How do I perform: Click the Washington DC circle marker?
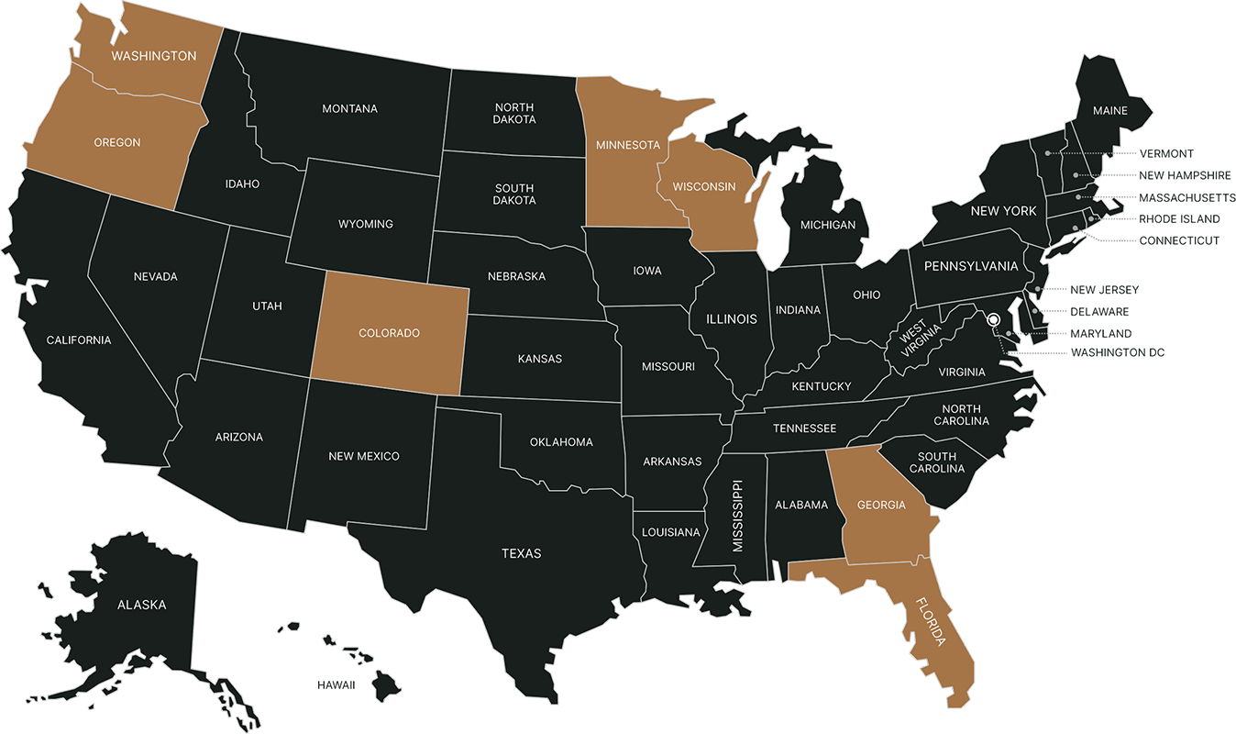pos(992,320)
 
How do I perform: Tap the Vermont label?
pos(1166,153)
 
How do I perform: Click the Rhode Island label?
pos(1179,219)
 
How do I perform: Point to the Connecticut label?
pos(1179,240)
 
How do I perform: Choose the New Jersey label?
pos(1105,290)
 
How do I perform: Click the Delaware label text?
pos(1099,312)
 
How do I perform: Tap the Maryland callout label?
pos(1100,334)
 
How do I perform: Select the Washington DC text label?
pos(1117,352)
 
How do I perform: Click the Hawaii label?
pos(336,684)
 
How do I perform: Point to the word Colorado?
pos(390,333)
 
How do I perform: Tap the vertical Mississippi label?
pos(737,516)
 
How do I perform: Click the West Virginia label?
pos(913,341)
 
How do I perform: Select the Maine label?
pos(1109,111)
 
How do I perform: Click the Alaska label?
pos(142,605)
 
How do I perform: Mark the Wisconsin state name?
pos(704,186)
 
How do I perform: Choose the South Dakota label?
pos(513,194)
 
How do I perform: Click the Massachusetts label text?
pos(1187,197)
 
